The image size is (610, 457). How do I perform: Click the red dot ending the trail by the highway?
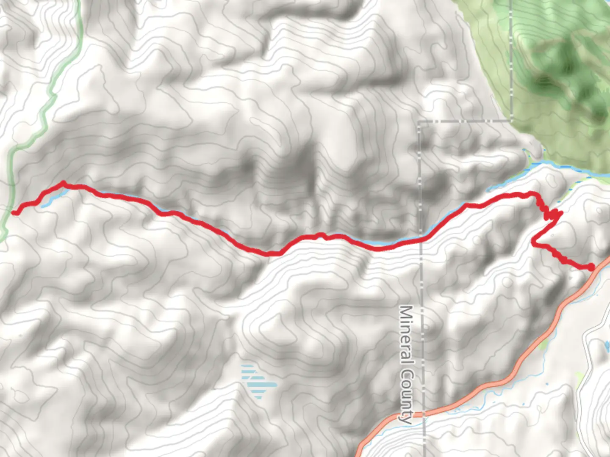point(591,267)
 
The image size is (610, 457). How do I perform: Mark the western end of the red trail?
point(14,212)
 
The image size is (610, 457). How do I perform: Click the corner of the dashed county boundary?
point(420,122)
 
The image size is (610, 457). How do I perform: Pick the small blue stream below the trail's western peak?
point(49,202)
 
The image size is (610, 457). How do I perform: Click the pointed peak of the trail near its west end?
point(63,183)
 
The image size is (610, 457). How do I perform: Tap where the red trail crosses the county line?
point(422,240)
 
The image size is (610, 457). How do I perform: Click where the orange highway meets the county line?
point(424,414)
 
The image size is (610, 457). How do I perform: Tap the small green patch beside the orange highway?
point(544,344)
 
